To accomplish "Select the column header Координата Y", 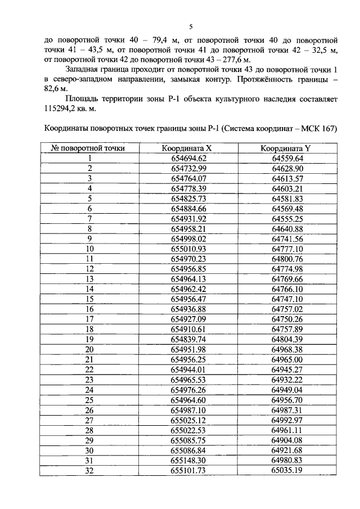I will [x=286, y=148].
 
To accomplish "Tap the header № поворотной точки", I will [x=88, y=148].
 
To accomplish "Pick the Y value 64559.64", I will [x=287, y=159].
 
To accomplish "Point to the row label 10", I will [x=89, y=249].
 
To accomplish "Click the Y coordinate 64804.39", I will [x=287, y=339].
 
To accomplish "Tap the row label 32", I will [x=89, y=470].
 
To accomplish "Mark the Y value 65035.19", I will [x=287, y=470].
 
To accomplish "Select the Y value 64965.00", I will [x=287, y=359].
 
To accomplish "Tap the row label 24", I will [x=89, y=389].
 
